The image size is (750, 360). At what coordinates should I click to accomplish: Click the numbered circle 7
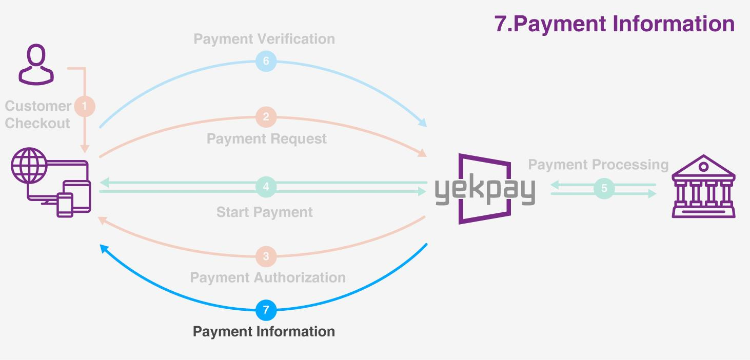click(266, 310)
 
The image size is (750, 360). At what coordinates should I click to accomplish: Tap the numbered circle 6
click(266, 61)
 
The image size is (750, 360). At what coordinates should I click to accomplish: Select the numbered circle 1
click(85, 106)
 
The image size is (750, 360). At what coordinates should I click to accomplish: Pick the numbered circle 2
click(266, 117)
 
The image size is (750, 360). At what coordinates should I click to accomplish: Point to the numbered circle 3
click(266, 256)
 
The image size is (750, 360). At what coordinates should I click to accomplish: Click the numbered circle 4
click(266, 187)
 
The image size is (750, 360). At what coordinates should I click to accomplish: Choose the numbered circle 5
click(604, 188)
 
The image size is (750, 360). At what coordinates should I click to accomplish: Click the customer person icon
click(36, 64)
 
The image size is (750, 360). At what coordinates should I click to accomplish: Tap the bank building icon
click(703, 186)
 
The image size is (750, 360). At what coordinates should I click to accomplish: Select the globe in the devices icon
click(29, 165)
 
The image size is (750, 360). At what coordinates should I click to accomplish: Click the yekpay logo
click(485, 189)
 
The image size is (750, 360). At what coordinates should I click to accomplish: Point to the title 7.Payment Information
click(615, 24)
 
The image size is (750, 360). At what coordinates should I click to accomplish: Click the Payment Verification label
click(264, 39)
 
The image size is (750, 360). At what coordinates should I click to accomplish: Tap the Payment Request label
click(267, 138)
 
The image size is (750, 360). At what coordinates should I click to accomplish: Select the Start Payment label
click(265, 212)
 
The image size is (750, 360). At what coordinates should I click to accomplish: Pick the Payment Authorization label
click(268, 277)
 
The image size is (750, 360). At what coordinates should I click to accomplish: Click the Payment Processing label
click(598, 165)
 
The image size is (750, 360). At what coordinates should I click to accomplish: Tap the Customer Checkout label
click(38, 114)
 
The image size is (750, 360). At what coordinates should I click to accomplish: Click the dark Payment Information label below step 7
click(264, 332)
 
